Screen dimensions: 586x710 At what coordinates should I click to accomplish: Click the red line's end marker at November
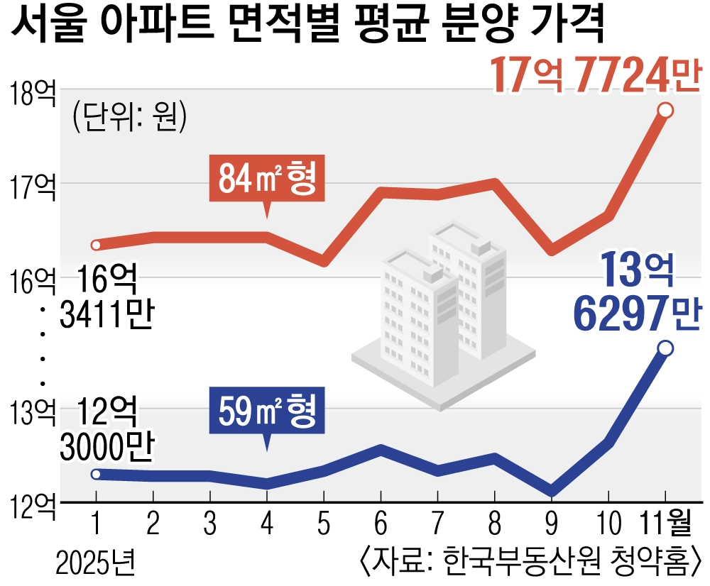click(x=665, y=110)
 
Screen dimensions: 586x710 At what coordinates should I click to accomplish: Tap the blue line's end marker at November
click(x=665, y=348)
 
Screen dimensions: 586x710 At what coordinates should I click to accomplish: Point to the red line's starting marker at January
click(x=97, y=245)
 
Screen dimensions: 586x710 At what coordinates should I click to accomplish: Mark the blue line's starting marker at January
click(x=97, y=474)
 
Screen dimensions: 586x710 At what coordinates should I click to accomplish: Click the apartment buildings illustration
click(x=443, y=312)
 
